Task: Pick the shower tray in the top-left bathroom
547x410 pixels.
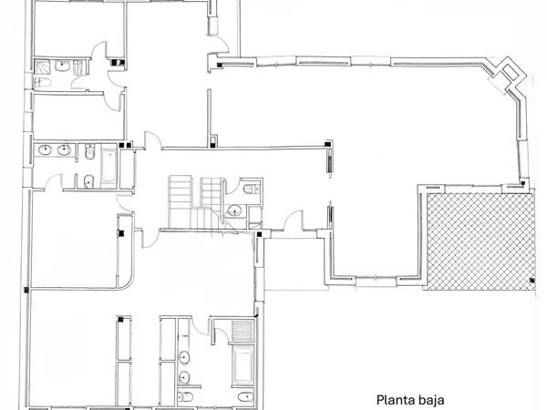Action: coord(44,66)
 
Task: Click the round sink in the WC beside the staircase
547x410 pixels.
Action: coord(235,210)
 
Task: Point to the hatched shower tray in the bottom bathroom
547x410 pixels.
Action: coord(243,329)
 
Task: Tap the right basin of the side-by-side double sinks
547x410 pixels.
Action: coord(65,150)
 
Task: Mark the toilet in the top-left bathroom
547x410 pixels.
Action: coord(80,67)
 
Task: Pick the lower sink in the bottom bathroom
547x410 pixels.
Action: coord(185,377)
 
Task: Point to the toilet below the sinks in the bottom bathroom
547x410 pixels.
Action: coord(185,396)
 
